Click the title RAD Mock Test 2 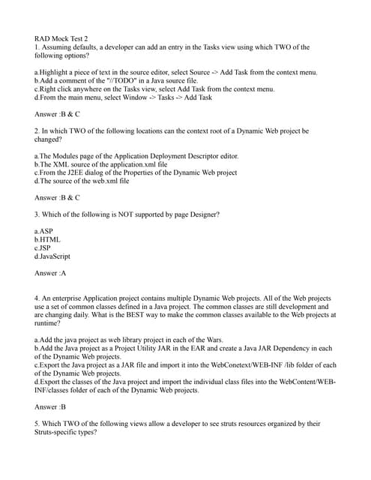pyautogui.click(x=61, y=38)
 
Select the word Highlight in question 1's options pyautogui.click(x=58, y=72)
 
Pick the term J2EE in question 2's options pyautogui.click(x=78, y=172)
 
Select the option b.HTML pyautogui.click(x=47, y=240)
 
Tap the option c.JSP pyautogui.click(x=43, y=248)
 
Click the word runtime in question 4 pyautogui.click(x=48, y=324)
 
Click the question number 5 pyautogui.click(x=37, y=424)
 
